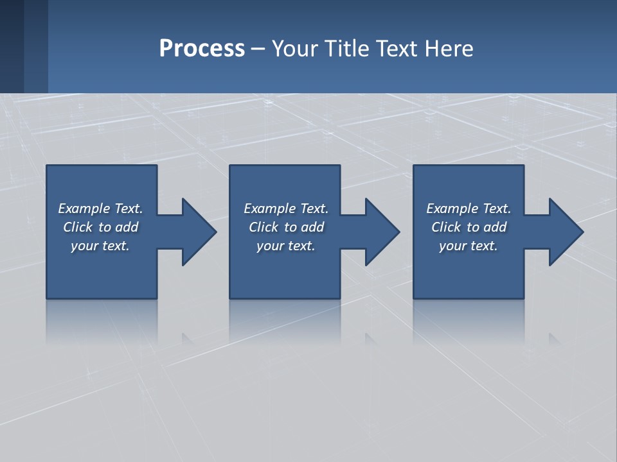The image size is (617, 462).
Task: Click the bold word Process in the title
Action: pyautogui.click(x=202, y=49)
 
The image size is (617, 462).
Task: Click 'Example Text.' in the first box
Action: pyautogui.click(x=100, y=209)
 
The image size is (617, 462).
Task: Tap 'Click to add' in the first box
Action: pyautogui.click(x=100, y=227)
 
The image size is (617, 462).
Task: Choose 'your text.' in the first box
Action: pyautogui.click(x=100, y=246)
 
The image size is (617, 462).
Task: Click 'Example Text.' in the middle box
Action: pyautogui.click(x=286, y=209)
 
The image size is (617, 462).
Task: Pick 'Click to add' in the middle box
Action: pyautogui.click(x=286, y=227)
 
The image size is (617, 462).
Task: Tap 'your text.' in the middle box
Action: pyautogui.click(x=286, y=246)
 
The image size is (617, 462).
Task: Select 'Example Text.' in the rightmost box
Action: pyautogui.click(x=469, y=209)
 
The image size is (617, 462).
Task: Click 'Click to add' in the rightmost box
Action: pyautogui.click(x=469, y=227)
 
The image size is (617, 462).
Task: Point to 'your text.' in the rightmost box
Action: pyautogui.click(x=469, y=246)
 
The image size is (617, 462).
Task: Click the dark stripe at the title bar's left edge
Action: pyautogui.click(x=12, y=46)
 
